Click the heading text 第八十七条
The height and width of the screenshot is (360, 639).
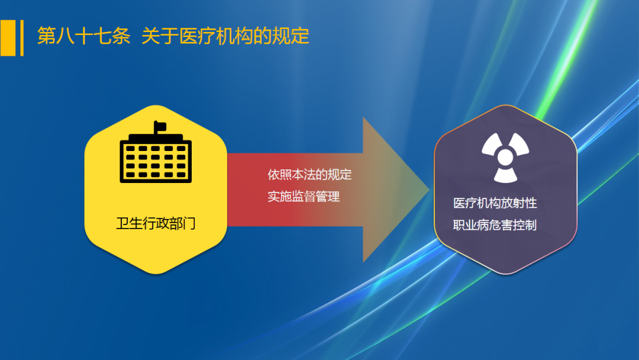pos(83,36)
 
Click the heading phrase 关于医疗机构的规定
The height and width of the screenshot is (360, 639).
pos(225,36)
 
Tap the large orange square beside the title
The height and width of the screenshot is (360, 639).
pos(8,38)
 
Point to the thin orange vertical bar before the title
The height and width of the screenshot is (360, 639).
pos(22,38)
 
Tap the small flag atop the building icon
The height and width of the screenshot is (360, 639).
pos(160,126)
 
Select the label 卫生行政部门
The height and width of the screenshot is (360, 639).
pos(156,224)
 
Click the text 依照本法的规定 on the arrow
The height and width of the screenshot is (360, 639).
pos(309,175)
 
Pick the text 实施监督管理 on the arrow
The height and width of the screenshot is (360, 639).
pos(304,197)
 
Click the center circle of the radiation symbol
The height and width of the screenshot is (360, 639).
pos(505,157)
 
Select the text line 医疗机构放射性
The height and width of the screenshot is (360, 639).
pos(495,203)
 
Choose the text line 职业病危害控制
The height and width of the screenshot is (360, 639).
pos(495,225)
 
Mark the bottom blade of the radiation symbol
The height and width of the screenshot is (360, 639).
pos(505,175)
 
